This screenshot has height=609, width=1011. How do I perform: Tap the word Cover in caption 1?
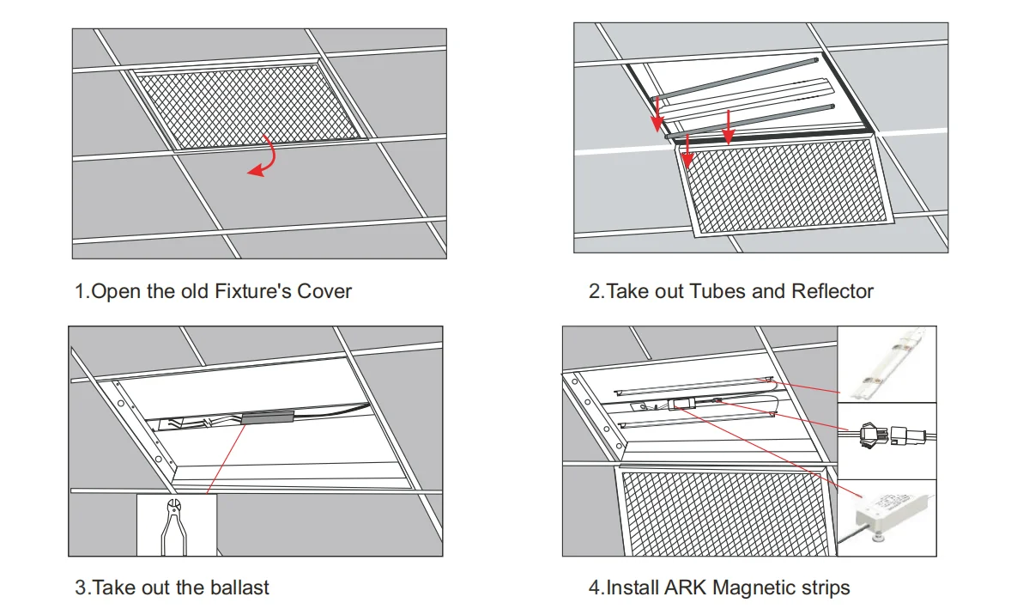[x=324, y=291]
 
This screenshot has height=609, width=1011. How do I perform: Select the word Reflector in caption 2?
[x=832, y=291]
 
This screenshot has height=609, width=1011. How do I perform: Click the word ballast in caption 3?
[x=239, y=588]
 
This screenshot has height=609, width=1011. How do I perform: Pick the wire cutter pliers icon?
[x=176, y=525]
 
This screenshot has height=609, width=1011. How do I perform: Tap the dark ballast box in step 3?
[x=269, y=418]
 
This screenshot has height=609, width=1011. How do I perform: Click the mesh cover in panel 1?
[x=249, y=106]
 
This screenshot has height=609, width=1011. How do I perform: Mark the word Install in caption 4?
[x=633, y=588]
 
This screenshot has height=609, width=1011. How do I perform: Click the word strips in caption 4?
[x=822, y=588]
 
